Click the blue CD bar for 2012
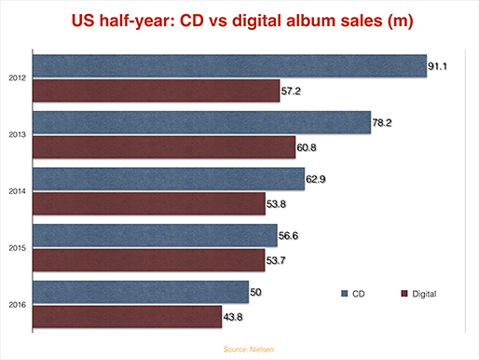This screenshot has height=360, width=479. tap(229, 66)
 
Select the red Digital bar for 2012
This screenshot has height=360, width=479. tap(157, 90)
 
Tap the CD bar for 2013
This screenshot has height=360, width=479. tap(201, 122)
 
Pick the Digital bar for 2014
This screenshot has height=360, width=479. tap(149, 203)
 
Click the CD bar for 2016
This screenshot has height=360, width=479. tap(141, 292)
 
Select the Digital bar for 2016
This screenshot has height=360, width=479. tap(127, 317)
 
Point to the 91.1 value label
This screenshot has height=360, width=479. tap(437, 66)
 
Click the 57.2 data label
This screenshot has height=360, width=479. tap(291, 91)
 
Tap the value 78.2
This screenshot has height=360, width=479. tap(382, 123)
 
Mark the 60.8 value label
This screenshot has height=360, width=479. tap(307, 147)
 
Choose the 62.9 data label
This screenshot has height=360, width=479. tap(316, 179)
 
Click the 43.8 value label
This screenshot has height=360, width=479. tap(233, 317)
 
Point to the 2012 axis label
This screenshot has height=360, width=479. tap(18, 78)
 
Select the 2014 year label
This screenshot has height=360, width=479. tap(18, 191)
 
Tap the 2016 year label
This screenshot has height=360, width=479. tap(18, 305)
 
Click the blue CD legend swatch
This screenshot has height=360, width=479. tap(344, 294)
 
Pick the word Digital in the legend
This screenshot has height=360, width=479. tap(424, 294)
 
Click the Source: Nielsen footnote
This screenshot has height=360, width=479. tap(249, 350)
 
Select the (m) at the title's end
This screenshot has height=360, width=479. tap(401, 21)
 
